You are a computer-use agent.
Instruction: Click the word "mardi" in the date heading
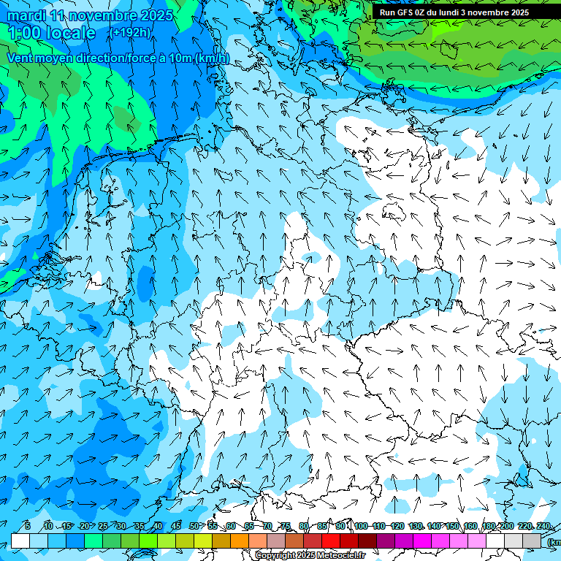[x=26, y=15]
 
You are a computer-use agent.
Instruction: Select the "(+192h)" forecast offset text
[x=131, y=32]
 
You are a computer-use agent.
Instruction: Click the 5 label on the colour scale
[x=27, y=527]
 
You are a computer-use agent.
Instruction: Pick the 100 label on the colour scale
[x=361, y=527]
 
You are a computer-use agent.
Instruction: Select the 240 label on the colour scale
[x=543, y=527]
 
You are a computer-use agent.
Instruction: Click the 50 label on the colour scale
[x=194, y=527]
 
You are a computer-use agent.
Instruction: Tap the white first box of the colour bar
[x=20, y=541]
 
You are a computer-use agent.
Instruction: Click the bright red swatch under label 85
[x=331, y=541]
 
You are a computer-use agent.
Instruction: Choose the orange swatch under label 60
[x=240, y=541]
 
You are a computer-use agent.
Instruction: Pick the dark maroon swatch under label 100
[x=367, y=541]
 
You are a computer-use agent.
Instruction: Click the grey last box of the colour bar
[x=532, y=541]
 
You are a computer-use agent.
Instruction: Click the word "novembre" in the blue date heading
[x=102, y=15]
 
